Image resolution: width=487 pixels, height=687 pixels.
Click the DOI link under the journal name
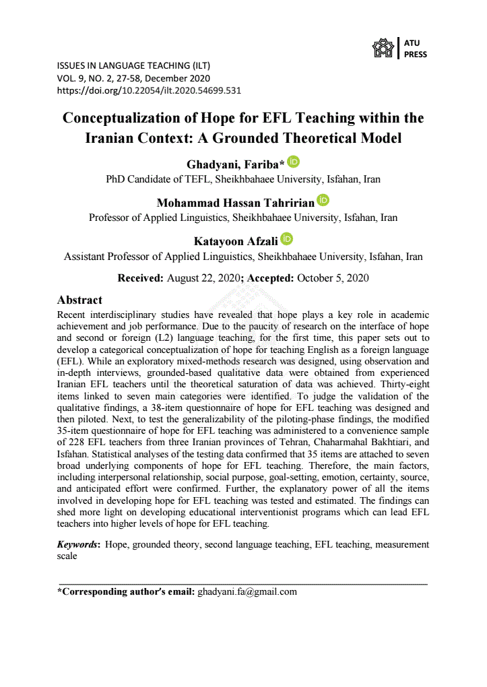point(149,90)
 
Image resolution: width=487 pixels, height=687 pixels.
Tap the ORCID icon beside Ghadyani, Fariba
point(293,162)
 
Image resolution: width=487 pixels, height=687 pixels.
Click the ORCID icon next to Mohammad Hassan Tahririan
point(323,200)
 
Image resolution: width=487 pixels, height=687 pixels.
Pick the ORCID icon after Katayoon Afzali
point(287,238)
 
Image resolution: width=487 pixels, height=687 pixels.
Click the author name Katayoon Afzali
point(234,240)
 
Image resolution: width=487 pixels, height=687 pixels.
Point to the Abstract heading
point(79,300)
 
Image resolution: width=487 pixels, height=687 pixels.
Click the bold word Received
point(140,277)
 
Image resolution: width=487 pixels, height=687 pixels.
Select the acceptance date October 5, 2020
point(333,277)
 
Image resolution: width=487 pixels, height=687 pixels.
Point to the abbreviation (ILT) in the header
point(199,66)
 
